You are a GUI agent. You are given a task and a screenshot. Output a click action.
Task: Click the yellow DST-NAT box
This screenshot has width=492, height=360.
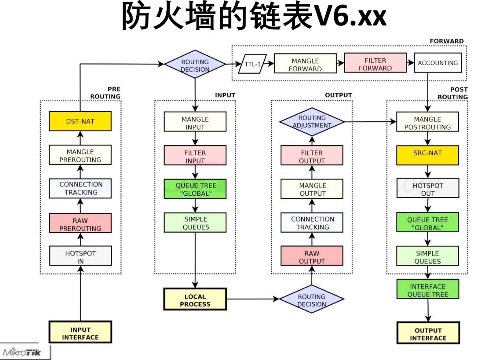point(80,121)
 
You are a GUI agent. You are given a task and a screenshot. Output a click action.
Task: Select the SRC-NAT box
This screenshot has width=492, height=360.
point(427,155)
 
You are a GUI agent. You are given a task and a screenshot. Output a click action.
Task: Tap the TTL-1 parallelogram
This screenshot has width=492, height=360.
point(253,64)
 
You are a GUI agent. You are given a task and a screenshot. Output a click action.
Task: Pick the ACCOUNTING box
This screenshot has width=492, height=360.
point(438,63)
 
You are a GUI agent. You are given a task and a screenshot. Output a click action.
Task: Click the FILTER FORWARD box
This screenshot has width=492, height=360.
point(375,63)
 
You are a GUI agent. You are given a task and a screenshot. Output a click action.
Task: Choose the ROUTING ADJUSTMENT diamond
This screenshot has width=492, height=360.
point(312,122)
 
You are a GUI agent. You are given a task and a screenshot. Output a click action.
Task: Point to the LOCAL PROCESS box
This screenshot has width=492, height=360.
point(195,299)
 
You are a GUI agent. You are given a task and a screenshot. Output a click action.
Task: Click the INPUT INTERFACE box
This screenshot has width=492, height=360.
point(81,332)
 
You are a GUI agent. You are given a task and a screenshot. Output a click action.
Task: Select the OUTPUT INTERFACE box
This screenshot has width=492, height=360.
point(428,333)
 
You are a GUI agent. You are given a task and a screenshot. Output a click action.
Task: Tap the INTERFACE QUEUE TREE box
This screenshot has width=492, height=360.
point(428,289)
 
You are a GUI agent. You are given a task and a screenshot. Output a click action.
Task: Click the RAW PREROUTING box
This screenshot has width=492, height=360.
point(80,223)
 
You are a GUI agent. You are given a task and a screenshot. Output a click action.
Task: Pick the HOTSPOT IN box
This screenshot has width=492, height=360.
point(81,255)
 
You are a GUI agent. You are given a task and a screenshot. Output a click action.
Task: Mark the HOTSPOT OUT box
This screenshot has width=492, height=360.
point(428,188)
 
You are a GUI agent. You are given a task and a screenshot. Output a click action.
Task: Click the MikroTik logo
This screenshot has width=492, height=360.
point(22,352)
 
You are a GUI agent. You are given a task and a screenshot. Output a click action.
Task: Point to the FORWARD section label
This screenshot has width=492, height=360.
point(447,41)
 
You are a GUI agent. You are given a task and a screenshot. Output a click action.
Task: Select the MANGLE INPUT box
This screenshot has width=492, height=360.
point(195,122)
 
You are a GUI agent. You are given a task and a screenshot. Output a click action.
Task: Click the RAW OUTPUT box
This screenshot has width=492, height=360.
point(312,255)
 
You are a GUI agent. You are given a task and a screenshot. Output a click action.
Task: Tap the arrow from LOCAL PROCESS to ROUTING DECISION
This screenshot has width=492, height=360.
point(253,299)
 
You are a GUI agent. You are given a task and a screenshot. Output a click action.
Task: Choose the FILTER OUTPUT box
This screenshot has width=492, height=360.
point(312,155)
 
